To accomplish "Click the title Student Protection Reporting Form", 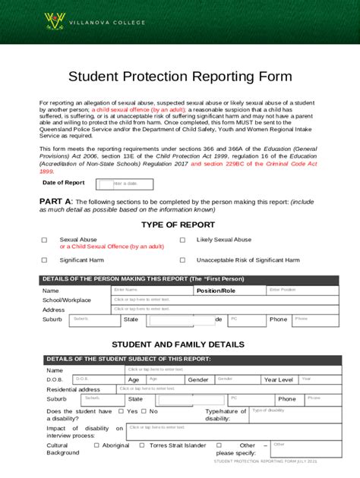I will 180,76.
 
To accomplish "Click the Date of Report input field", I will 125,184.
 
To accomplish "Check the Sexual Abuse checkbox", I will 44,240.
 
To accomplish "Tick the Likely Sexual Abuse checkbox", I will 182,240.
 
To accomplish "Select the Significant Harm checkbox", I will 44,260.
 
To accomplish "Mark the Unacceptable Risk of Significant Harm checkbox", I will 182,260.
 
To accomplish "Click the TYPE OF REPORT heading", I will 179,225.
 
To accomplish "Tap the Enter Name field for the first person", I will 151,290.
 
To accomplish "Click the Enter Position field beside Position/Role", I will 292,290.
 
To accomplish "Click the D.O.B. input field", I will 98,379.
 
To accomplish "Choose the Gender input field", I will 235,379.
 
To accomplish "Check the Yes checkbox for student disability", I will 121,411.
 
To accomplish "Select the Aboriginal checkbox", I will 96,445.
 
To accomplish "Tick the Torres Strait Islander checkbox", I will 144,445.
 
